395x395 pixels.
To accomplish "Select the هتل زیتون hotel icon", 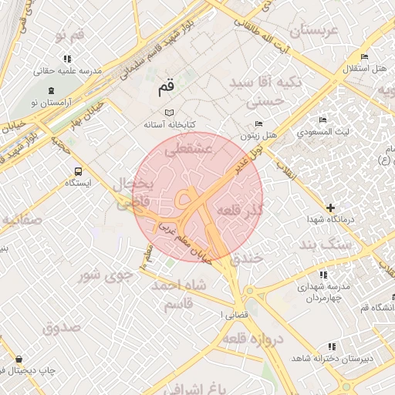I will click(x=258, y=124).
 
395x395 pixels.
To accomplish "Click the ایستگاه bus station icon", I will click(x=77, y=171).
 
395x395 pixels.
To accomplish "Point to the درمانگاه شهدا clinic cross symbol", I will click(x=330, y=208).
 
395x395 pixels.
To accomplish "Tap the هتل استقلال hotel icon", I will click(x=363, y=57).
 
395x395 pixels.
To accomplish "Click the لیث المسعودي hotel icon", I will click(x=322, y=120).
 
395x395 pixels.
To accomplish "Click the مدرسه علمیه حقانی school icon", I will click(x=68, y=59).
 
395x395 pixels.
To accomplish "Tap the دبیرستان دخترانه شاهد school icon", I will click(x=333, y=347).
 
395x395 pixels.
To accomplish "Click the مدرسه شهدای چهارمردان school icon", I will click(x=322, y=274).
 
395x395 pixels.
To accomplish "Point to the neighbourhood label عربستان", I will click(x=313, y=31).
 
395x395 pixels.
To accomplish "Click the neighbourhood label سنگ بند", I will click(x=325, y=245).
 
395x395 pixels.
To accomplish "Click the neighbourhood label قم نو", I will click(x=69, y=35).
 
